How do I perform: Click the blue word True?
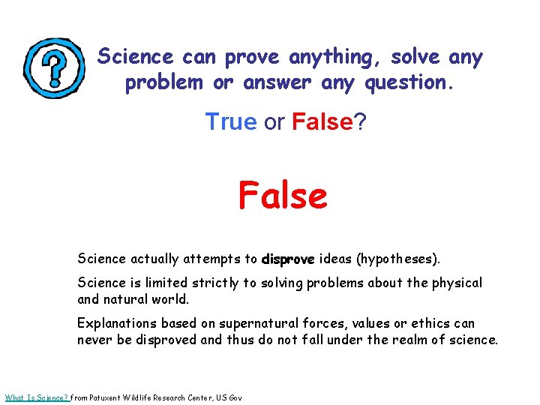point(231,121)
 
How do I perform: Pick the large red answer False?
point(283,196)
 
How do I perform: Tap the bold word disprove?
point(289,259)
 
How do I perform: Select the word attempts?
point(206,259)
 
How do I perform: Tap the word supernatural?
point(258,324)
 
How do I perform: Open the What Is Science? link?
point(37,397)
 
